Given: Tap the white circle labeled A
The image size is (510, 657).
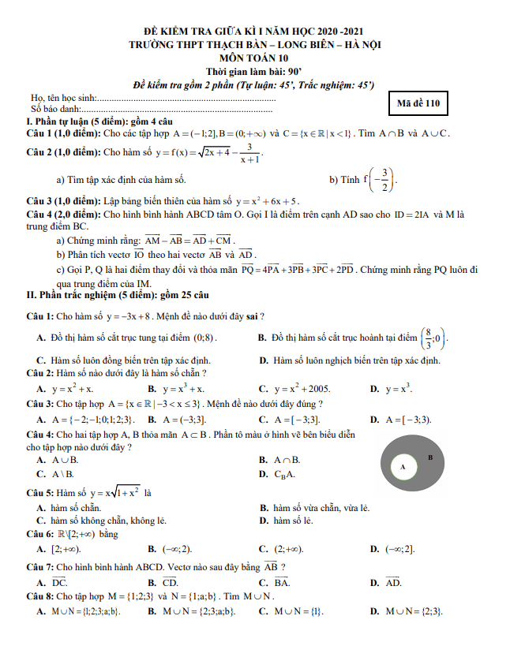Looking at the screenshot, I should [x=403, y=467].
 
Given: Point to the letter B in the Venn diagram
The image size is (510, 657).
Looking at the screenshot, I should [x=430, y=457].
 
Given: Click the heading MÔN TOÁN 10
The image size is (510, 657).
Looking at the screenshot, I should [x=255, y=58].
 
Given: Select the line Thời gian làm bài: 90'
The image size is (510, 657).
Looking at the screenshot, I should [x=254, y=71].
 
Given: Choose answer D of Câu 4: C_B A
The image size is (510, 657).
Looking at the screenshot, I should [x=285, y=474].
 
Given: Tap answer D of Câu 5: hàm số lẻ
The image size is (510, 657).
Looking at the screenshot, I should [x=291, y=521].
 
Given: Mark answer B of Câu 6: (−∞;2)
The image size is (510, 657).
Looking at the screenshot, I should [x=178, y=549].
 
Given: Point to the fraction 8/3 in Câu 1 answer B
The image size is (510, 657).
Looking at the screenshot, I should [x=427, y=338].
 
